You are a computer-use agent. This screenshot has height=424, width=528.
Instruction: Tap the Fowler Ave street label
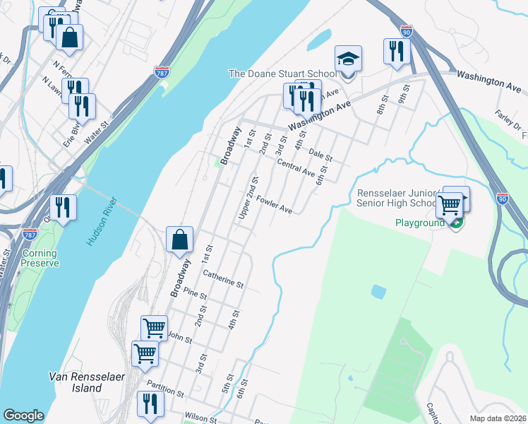tap(275, 205)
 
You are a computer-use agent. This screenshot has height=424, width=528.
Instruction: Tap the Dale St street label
tap(320, 155)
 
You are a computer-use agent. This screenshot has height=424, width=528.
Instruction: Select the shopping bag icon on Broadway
tap(180, 240)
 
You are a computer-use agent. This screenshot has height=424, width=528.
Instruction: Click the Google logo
tap(23, 416)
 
